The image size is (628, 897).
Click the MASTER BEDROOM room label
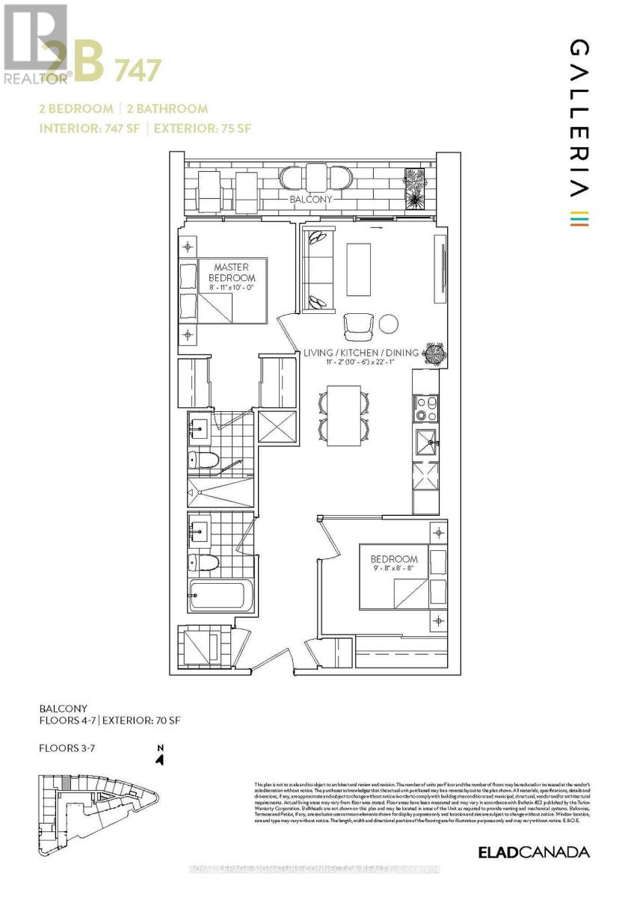(x=230, y=273)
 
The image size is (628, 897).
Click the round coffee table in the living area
(x=389, y=324)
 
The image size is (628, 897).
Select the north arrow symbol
(x=159, y=757)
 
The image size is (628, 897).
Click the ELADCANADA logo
(x=534, y=852)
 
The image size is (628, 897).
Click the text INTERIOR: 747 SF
(x=90, y=128)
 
